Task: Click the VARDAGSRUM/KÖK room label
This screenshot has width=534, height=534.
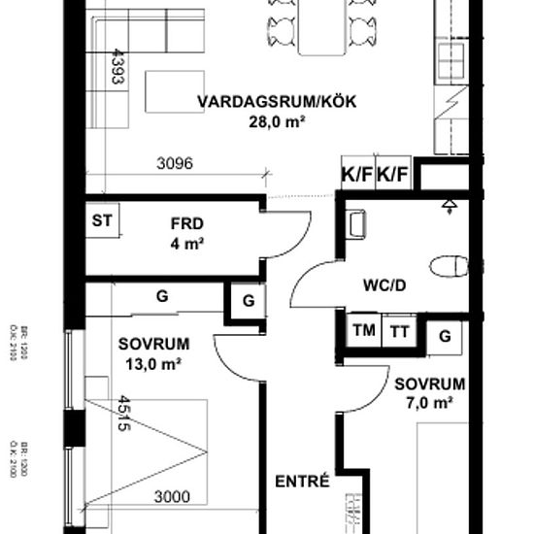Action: (x=258, y=102)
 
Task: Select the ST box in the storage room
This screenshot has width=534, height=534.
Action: (x=102, y=220)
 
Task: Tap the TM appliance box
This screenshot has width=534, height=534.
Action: (x=365, y=331)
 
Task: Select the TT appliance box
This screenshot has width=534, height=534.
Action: (x=399, y=331)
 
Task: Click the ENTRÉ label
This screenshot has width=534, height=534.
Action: (x=303, y=480)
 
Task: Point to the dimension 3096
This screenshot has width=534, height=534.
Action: (x=175, y=164)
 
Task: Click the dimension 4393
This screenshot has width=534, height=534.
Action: (x=117, y=67)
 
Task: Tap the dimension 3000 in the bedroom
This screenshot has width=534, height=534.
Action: (x=172, y=497)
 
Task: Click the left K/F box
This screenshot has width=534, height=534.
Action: (x=357, y=176)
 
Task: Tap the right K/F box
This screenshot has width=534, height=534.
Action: (x=393, y=176)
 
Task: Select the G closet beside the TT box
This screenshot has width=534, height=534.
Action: (x=445, y=336)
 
